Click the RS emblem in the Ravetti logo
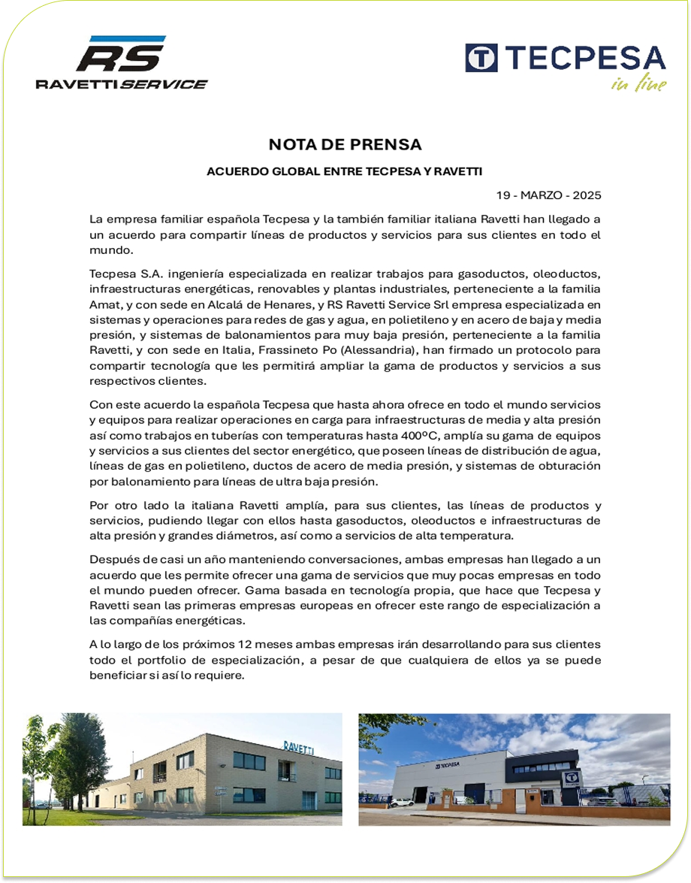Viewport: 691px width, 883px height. click(x=119, y=57)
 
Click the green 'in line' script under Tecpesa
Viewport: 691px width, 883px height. click(x=638, y=84)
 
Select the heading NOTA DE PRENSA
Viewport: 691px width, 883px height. click(x=345, y=144)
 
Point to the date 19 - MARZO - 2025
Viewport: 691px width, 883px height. click(x=548, y=195)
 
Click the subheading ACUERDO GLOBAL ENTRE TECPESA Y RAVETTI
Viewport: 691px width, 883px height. click(x=345, y=171)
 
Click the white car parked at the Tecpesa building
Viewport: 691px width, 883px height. click(x=402, y=803)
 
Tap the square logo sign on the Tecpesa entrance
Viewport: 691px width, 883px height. click(x=572, y=778)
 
